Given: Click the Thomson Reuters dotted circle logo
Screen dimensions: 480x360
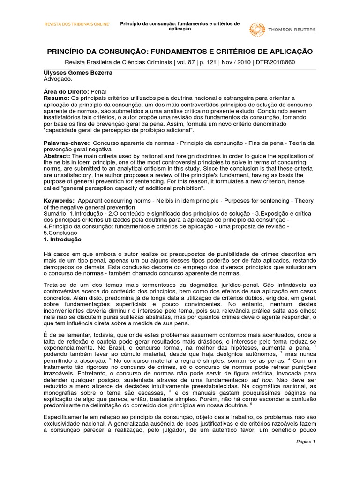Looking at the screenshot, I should point(257,30).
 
